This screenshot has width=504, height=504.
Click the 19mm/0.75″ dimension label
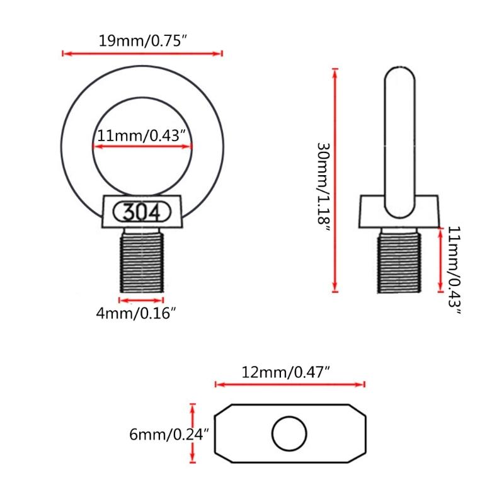point(144,42)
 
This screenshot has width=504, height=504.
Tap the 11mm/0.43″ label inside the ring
point(142,135)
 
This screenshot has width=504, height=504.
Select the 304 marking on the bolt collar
point(141,211)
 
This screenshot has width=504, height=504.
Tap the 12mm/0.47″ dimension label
point(287,372)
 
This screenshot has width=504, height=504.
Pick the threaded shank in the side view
point(399,261)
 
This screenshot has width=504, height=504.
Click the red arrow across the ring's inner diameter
point(142,147)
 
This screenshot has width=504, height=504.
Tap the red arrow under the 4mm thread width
point(141,300)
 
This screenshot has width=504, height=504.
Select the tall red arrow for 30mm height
point(335,180)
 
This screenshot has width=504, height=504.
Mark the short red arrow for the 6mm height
point(193,433)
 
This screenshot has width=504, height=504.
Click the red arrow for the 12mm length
point(290,384)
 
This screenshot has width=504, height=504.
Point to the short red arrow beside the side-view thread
point(439,260)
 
